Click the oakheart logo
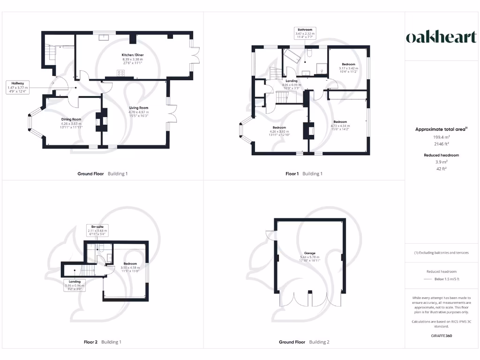(x=441, y=37)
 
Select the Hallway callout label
(x=18, y=87)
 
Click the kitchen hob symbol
(x=120, y=73)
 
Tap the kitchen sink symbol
(x=104, y=37)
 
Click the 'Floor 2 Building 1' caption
(x=102, y=342)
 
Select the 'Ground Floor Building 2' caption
(x=304, y=342)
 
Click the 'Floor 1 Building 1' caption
(x=304, y=174)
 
